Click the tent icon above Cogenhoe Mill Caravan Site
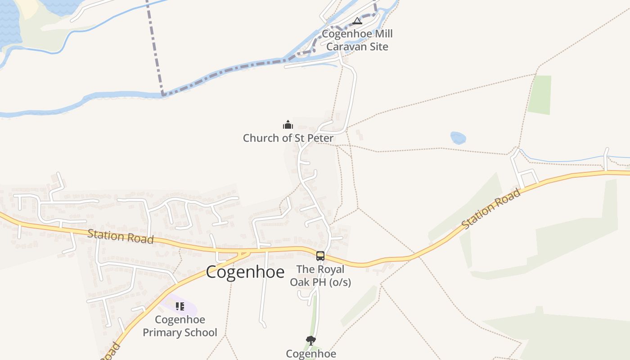coord(357,21)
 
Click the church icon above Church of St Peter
coord(288,125)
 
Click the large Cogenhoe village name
coord(245,272)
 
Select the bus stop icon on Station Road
coord(320,256)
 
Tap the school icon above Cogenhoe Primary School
coord(180,307)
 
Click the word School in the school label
coord(200,333)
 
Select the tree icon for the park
coord(310,340)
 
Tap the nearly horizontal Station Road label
coord(121,236)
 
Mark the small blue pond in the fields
coord(458,138)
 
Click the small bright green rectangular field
coord(540,94)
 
